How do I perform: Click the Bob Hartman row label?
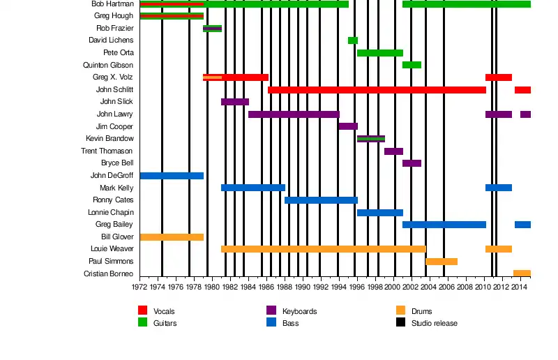(x=112, y=4)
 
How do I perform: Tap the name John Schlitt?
(x=114, y=90)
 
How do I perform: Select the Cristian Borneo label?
(x=108, y=273)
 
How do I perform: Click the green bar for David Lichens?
(x=353, y=40)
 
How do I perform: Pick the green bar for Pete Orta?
(x=379, y=53)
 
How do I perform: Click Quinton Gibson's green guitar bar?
(x=412, y=65)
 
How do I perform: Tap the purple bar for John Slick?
(x=235, y=102)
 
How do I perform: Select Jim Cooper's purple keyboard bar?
(x=348, y=126)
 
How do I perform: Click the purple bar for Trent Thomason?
(x=393, y=151)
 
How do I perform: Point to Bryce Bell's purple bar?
(x=412, y=163)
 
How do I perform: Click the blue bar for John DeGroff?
(x=172, y=176)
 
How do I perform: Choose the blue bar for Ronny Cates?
(x=321, y=200)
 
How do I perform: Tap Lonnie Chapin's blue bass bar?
(x=379, y=213)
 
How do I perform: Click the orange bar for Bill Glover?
(x=172, y=237)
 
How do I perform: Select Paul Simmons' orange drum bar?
(x=442, y=262)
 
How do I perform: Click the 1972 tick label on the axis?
(x=139, y=287)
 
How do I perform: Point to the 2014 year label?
(x=519, y=287)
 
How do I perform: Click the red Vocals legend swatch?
(x=143, y=310)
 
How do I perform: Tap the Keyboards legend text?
(x=300, y=311)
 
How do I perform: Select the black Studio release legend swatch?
(x=401, y=322)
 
